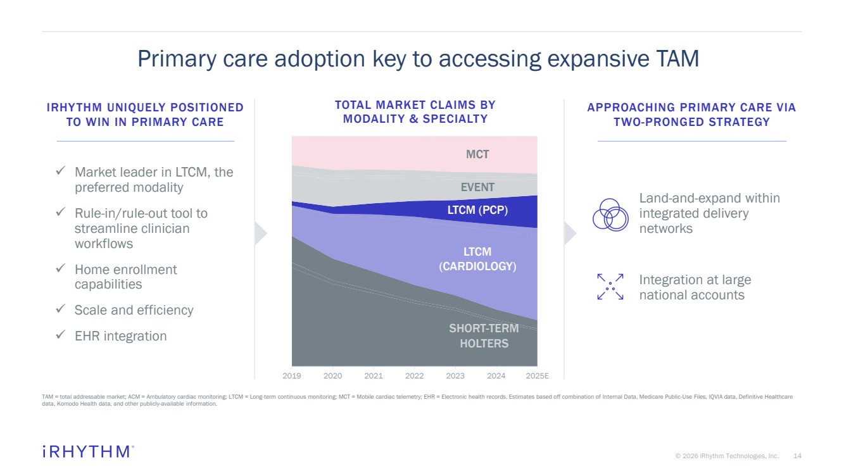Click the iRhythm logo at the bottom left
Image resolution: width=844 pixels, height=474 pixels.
tap(87, 451)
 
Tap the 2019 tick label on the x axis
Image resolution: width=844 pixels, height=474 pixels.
tap(292, 376)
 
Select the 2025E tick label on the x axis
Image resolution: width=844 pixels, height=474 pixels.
tap(537, 376)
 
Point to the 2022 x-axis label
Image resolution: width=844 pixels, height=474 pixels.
tap(414, 376)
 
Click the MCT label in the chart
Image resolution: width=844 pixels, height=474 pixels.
tap(477, 154)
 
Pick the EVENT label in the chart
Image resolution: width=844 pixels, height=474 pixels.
tap(477, 187)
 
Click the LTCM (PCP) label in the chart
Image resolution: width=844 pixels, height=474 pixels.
tap(477, 210)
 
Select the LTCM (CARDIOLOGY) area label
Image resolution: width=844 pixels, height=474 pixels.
tap(477, 259)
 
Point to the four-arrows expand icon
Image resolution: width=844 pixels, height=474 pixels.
tap(610, 287)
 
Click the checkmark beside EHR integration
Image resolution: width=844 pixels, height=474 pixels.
tap(61, 335)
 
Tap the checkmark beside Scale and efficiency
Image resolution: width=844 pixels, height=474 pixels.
tap(61, 309)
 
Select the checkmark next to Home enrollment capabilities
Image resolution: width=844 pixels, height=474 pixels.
tap(61, 269)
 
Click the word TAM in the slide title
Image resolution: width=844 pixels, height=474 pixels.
tap(675, 59)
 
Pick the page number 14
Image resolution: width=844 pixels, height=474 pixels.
tap(797, 456)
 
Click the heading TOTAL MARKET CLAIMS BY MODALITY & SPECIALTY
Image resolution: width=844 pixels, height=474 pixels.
tap(415, 112)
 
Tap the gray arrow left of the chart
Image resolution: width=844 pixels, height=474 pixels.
tap(260, 234)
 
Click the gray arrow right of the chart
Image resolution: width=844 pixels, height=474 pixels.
tap(570, 234)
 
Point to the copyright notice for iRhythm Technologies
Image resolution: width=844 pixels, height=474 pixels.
tap(727, 456)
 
